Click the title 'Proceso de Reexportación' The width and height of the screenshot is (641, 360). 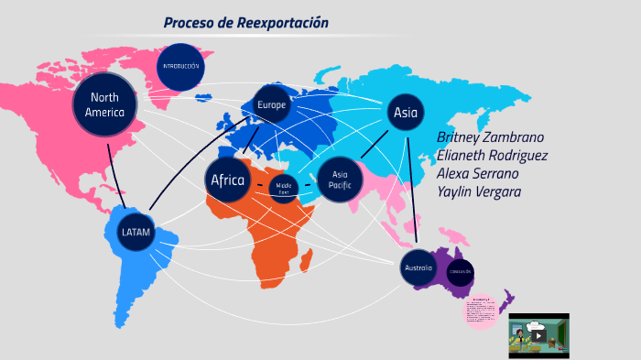[245, 22]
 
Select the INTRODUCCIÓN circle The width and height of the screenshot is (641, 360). [179, 67]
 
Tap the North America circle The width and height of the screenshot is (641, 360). [103, 104]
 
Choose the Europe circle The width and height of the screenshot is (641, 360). [271, 104]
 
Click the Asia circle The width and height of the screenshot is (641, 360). [405, 113]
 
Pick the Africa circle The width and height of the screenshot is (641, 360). [228, 180]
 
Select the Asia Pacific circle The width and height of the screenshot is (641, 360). [340, 180]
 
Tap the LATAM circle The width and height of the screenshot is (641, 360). [135, 232]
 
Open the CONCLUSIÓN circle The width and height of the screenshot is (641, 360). [460, 272]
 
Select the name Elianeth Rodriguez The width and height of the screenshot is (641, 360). [493, 155]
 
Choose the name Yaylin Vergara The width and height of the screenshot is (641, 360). [480, 191]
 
